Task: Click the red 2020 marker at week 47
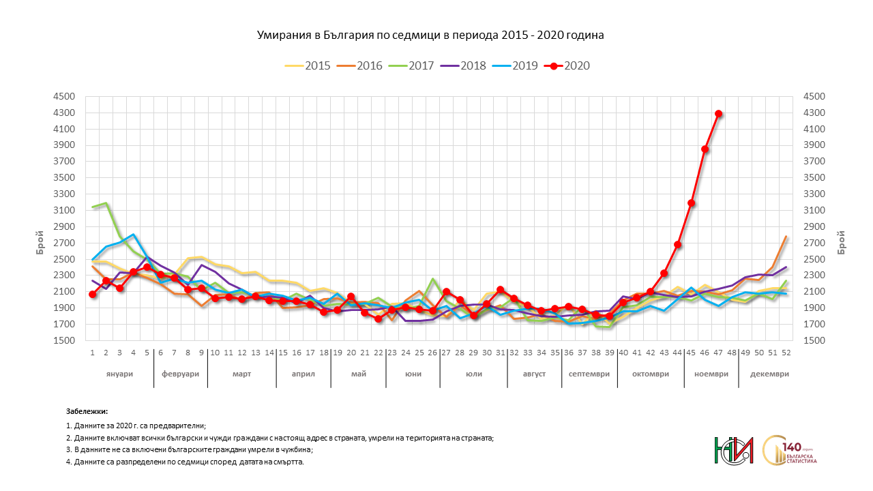(x=718, y=114)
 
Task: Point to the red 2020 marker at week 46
(x=705, y=149)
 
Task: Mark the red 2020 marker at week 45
(x=692, y=203)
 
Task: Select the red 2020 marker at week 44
(x=678, y=244)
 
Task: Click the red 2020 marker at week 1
(x=93, y=294)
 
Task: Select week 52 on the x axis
(x=786, y=353)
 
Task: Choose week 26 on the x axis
(x=432, y=353)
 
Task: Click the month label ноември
(x=711, y=374)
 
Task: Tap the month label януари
(x=119, y=374)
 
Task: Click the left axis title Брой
(x=40, y=242)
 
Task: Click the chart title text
(x=430, y=35)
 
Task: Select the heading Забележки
(x=87, y=412)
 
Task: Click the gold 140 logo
(x=794, y=450)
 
